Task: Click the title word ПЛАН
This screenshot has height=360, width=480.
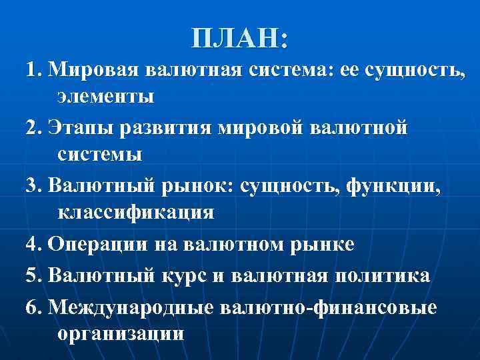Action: click(x=235, y=39)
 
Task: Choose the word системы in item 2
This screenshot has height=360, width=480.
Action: click(x=99, y=155)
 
